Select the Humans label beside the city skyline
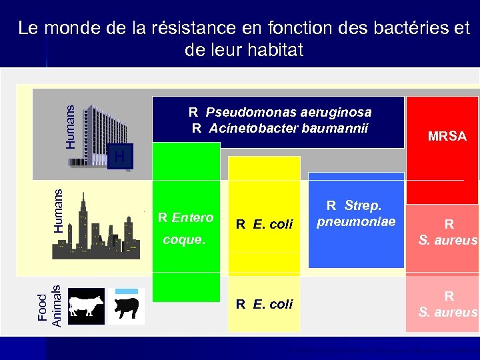click(59, 210)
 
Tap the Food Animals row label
click(49, 306)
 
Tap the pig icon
click(127, 309)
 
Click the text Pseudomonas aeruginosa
click(288, 112)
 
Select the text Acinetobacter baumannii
click(288, 128)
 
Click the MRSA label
click(447, 137)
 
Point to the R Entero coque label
click(185, 228)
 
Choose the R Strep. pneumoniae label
click(356, 213)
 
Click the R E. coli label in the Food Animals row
click(264, 304)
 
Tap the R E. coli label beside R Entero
click(264, 224)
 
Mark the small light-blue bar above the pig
click(127, 291)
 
